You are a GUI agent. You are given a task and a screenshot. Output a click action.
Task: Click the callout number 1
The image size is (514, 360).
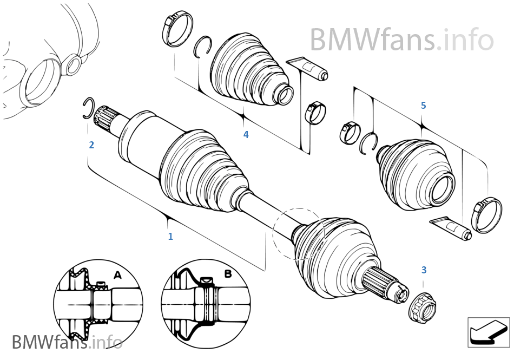click(x=170, y=237)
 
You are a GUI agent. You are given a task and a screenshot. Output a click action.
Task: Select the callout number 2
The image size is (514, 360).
click(x=91, y=145)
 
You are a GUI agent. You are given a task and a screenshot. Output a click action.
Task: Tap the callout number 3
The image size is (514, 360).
click(x=424, y=270)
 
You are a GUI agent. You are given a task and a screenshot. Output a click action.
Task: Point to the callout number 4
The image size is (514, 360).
click(x=246, y=134)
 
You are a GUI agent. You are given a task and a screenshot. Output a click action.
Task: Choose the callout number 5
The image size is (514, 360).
click(x=423, y=105)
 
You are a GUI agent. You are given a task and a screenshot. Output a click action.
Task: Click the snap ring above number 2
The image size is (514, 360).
click(x=89, y=108)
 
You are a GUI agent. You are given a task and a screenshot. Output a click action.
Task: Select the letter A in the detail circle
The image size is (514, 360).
click(x=117, y=275)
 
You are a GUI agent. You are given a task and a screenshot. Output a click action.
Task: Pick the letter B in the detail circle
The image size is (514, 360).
click(x=228, y=274)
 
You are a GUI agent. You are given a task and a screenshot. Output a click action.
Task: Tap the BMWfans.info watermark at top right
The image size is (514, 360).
click(x=401, y=40)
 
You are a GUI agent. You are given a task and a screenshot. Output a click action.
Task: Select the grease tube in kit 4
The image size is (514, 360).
click(x=308, y=68)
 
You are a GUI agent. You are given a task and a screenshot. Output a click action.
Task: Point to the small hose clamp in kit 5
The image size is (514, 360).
click(x=347, y=133)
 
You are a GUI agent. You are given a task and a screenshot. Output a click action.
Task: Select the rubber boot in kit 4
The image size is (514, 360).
click(x=249, y=70)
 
